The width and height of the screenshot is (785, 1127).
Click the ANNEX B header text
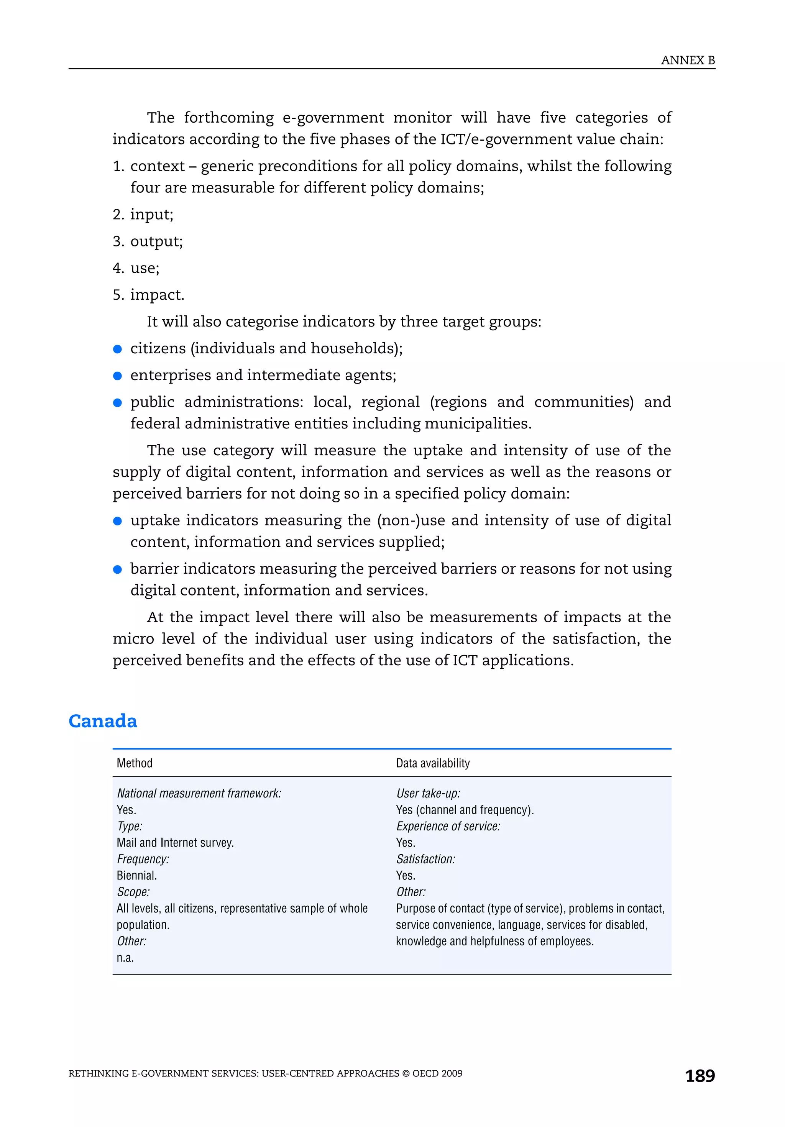687,61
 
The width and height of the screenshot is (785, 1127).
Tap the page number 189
700,1076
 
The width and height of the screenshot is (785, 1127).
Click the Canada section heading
103,720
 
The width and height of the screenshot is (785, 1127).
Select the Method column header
135,763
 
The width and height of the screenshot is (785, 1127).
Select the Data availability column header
432,763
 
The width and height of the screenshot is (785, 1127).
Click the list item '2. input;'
143,215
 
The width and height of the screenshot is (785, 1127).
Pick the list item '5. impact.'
148,295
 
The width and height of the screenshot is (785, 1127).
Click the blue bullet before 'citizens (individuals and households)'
117,349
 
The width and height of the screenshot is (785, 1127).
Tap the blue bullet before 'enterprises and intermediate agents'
117,376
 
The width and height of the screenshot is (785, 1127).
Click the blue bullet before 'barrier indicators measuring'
117,569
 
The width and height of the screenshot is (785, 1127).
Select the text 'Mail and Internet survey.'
175,843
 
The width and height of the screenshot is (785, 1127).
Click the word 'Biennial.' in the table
136,875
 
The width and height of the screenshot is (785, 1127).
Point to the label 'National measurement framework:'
199,793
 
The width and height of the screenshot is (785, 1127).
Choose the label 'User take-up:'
428,793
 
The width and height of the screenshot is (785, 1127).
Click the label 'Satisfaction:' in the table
425,859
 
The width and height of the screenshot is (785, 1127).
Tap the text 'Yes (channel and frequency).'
465,810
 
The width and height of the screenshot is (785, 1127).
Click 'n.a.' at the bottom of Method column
125,958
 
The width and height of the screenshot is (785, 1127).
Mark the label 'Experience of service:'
448,826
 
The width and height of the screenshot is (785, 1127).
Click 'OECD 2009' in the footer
437,1073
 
